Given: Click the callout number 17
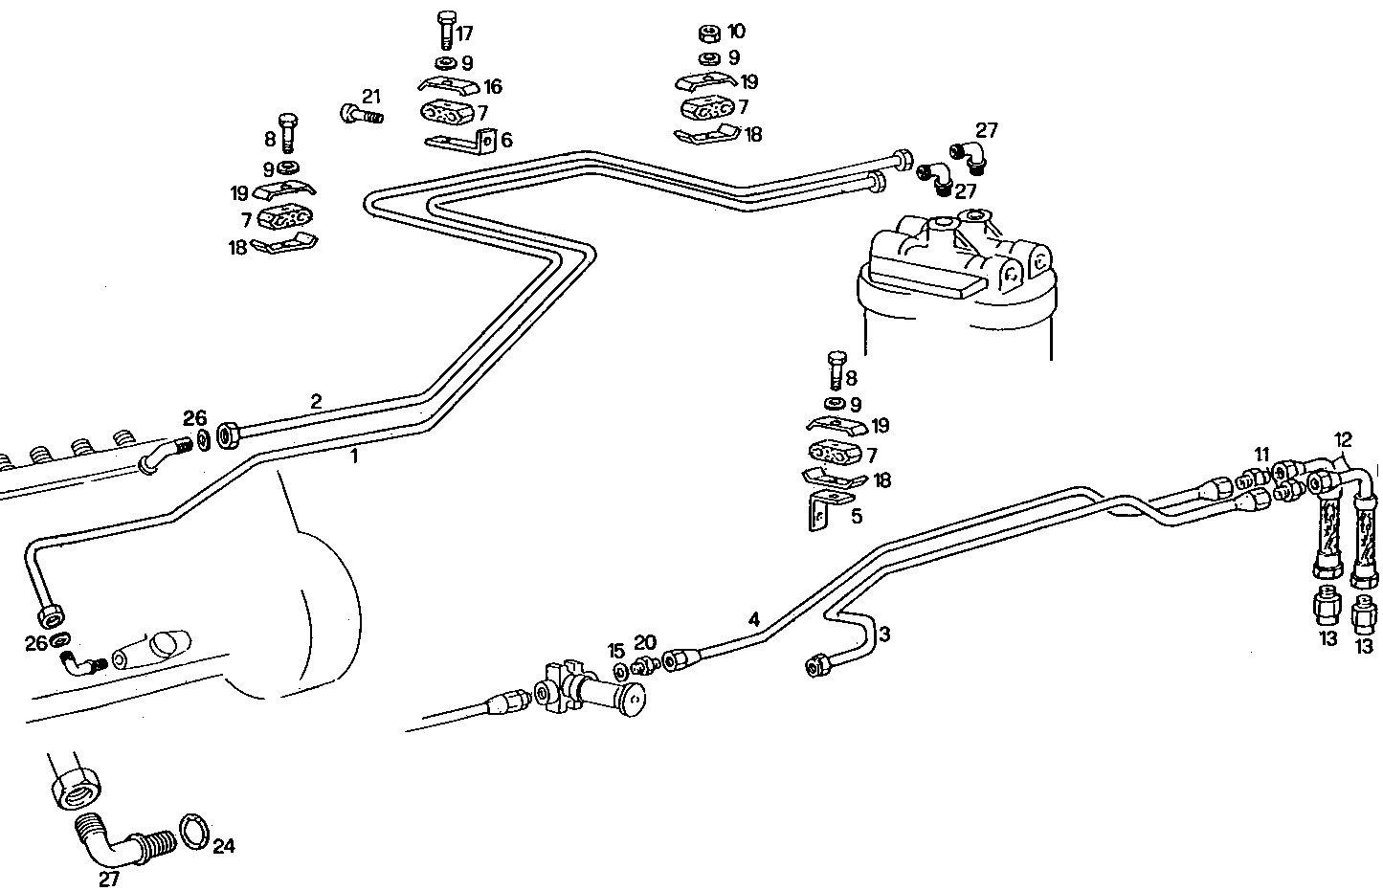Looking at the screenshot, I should pyautogui.click(x=464, y=34).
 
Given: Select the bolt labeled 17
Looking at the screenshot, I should pyautogui.click(x=445, y=30).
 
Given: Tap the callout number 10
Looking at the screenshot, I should pyautogui.click(x=735, y=32).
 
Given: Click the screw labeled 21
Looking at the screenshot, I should pyautogui.click(x=361, y=116).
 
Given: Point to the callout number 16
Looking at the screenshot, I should pyautogui.click(x=492, y=87).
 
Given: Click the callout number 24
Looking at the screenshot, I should pyautogui.click(x=223, y=846).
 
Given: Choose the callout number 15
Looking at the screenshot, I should pyautogui.click(x=616, y=651).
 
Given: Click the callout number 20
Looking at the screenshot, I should pyautogui.click(x=645, y=642).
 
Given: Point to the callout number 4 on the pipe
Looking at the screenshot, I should pyautogui.click(x=754, y=619).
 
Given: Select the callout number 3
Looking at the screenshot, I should pyautogui.click(x=884, y=634).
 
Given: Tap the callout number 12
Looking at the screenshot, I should pyautogui.click(x=1344, y=440).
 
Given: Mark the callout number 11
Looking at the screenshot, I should pyautogui.click(x=1261, y=454).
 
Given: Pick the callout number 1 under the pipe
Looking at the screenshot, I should pyautogui.click(x=353, y=457).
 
